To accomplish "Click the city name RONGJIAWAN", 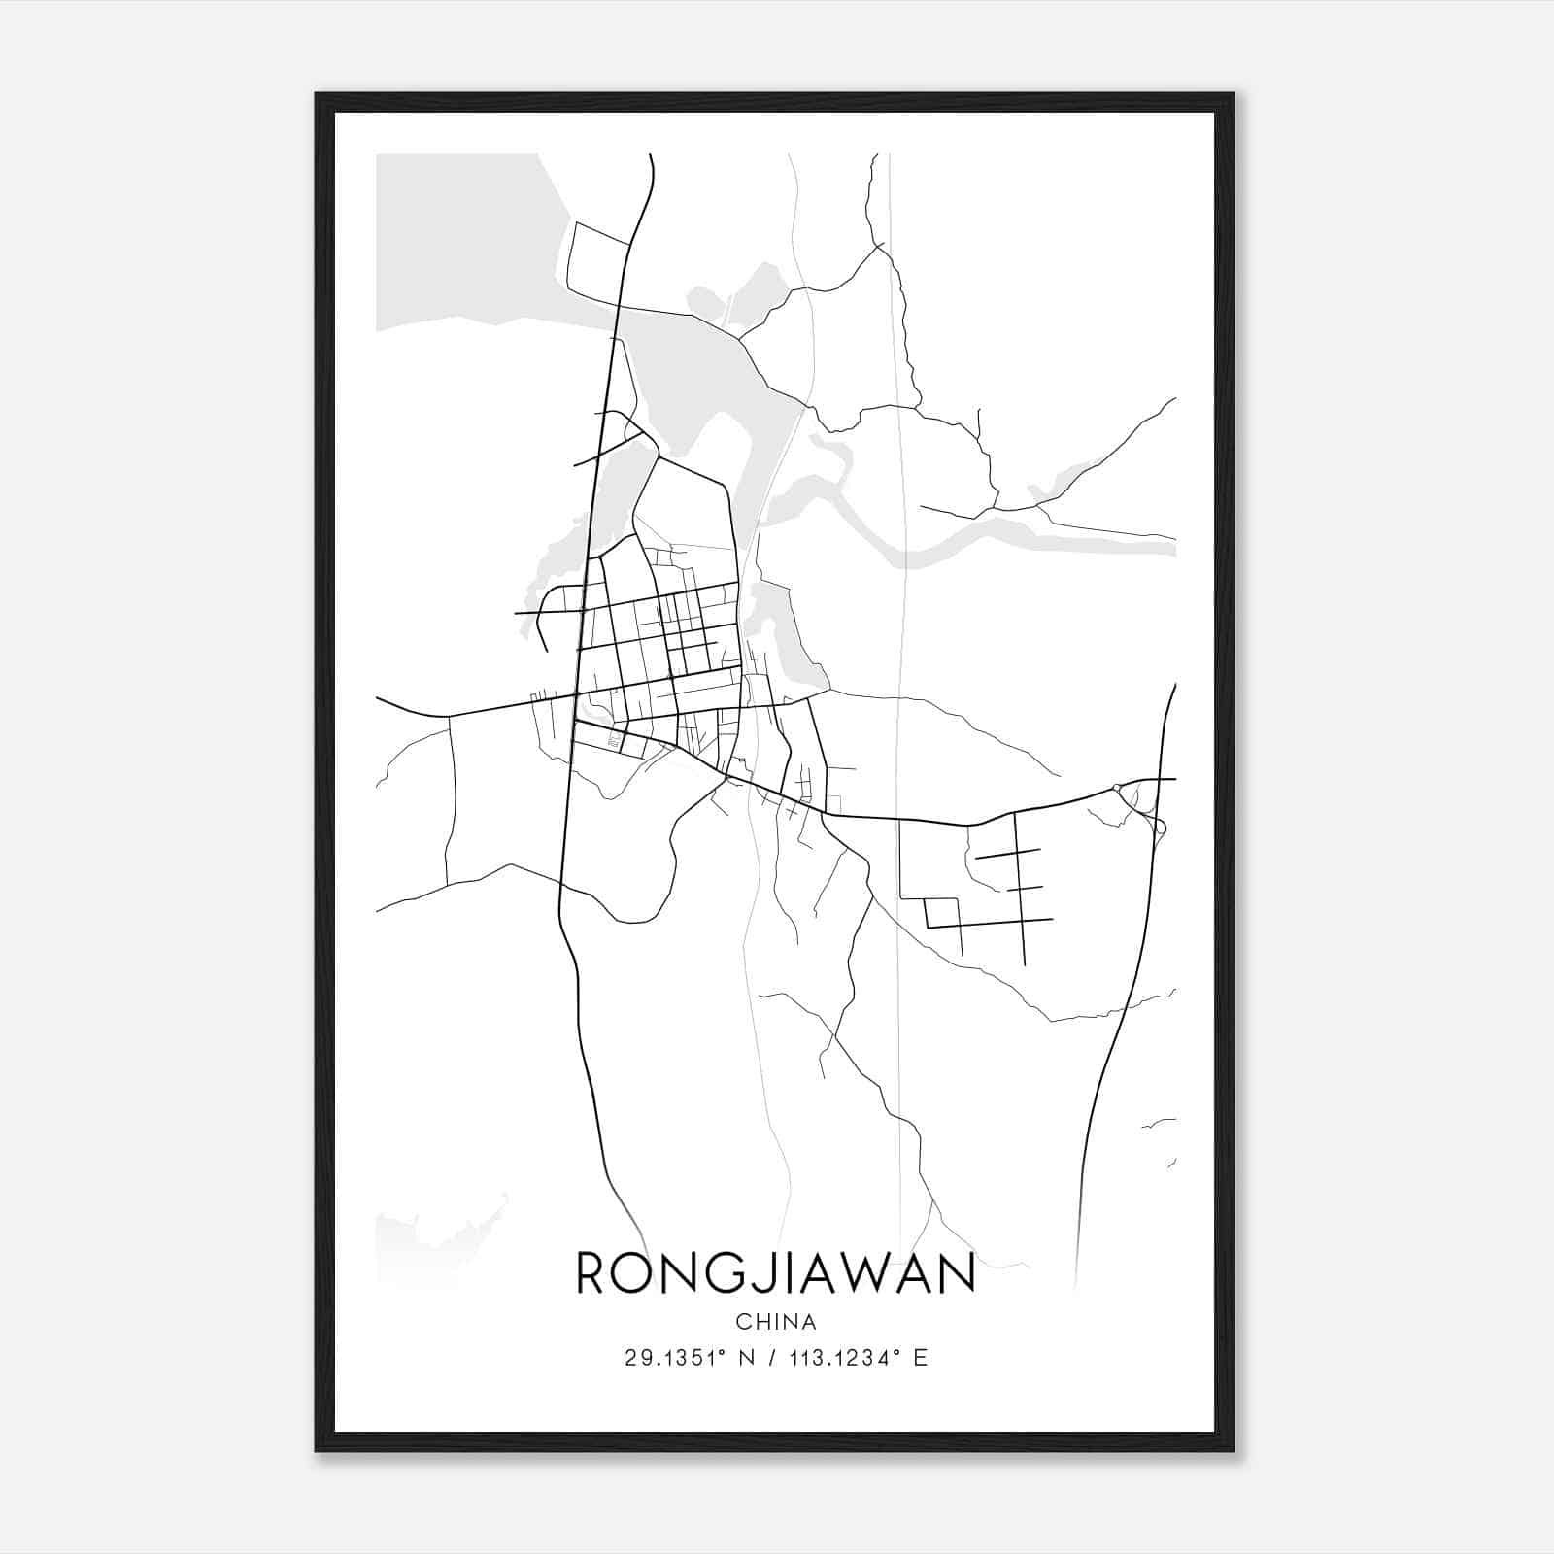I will [x=775, y=1273].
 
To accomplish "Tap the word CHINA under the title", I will [x=775, y=1322].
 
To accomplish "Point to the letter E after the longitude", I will [x=920, y=1358].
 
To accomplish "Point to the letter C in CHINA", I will [x=743, y=1322].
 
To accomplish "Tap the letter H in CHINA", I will [x=762, y=1322].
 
